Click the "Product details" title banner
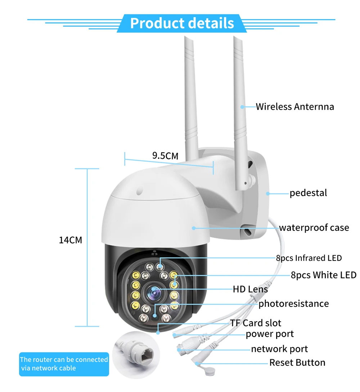click(182, 23)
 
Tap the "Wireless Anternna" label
click(295, 107)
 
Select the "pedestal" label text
click(308, 193)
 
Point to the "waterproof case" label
click(314, 228)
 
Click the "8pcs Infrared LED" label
click(309, 258)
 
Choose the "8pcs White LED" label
click(323, 275)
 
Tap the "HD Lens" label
click(250, 289)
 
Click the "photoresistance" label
click(293, 304)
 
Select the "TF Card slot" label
click(256, 323)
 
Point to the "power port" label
click(270, 334)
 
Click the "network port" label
click(279, 349)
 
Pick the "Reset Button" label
click(297, 363)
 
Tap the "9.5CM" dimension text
click(165, 156)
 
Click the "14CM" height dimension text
click(71, 240)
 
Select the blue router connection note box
click(64, 364)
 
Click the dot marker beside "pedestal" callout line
click(267, 193)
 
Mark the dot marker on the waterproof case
click(193, 228)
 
